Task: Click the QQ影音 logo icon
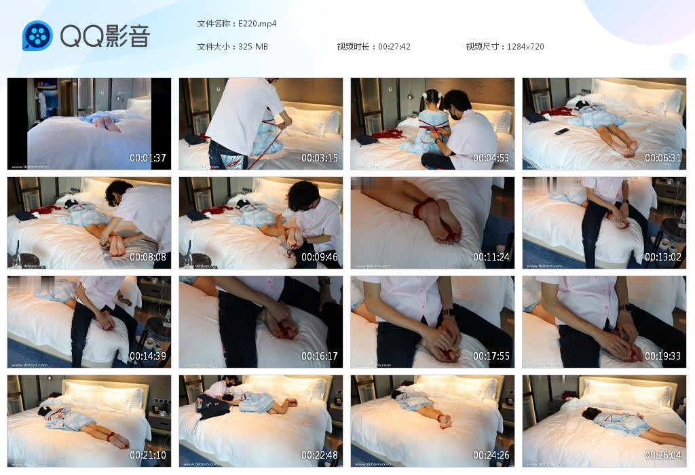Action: [37, 36]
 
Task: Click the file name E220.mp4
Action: [257, 24]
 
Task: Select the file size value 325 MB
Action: [253, 47]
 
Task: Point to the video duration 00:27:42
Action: [394, 47]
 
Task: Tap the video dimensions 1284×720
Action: [525, 47]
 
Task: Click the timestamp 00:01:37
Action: [148, 158]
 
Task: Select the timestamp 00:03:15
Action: [320, 158]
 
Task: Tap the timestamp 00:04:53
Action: [491, 158]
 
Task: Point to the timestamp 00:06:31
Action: [663, 158]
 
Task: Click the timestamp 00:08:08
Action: [148, 257]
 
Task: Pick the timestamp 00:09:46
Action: [320, 257]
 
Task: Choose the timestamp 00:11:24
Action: [491, 257]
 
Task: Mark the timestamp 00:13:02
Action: [663, 257]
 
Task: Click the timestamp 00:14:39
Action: [148, 356]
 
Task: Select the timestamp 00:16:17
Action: [320, 356]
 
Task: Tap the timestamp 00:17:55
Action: [491, 356]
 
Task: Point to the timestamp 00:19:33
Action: [663, 356]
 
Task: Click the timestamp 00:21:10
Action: [148, 455]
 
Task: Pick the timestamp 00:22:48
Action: [320, 455]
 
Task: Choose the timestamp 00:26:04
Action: [663, 455]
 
